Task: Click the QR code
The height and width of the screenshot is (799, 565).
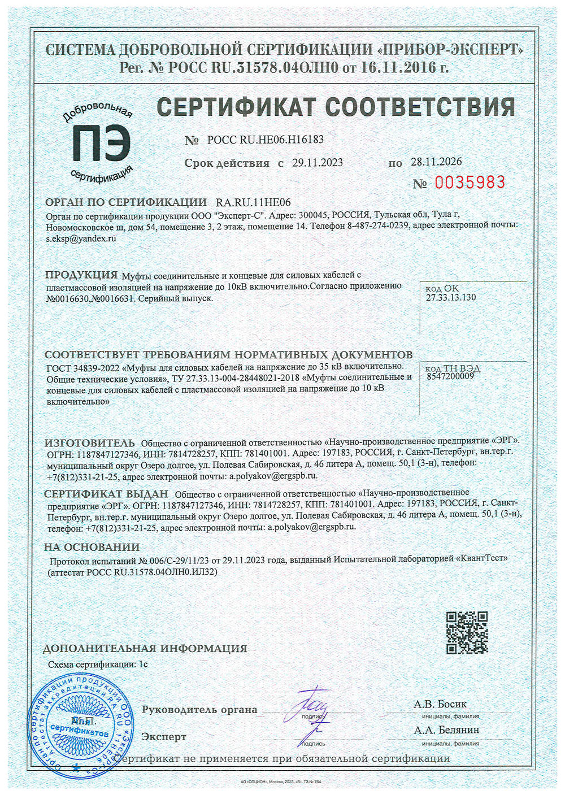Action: (x=467, y=632)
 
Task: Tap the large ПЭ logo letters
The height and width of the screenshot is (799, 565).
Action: (x=101, y=142)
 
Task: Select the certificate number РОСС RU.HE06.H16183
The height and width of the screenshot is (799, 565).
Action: (x=265, y=140)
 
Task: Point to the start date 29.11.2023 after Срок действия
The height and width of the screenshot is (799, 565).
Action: (x=318, y=163)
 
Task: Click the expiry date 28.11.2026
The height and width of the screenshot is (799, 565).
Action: (x=436, y=162)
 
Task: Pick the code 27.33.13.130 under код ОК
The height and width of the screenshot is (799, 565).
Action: (x=450, y=297)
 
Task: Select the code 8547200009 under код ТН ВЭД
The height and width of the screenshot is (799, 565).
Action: (x=450, y=376)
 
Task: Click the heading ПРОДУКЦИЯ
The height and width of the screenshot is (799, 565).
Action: (x=81, y=275)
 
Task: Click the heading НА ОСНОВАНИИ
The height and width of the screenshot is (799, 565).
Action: (x=92, y=547)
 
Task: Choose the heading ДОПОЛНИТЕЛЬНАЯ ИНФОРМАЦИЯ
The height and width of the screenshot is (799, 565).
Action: (x=145, y=648)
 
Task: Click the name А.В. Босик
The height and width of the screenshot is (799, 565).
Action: (x=440, y=704)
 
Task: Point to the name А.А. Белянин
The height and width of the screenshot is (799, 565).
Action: (x=446, y=730)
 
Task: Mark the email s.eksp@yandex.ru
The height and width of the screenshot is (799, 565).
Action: (x=81, y=238)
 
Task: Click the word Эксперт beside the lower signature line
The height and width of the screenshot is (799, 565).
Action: (x=164, y=737)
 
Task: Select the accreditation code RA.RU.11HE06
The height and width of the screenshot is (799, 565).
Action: (x=253, y=202)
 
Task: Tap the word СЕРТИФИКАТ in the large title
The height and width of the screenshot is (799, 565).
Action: (x=236, y=107)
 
